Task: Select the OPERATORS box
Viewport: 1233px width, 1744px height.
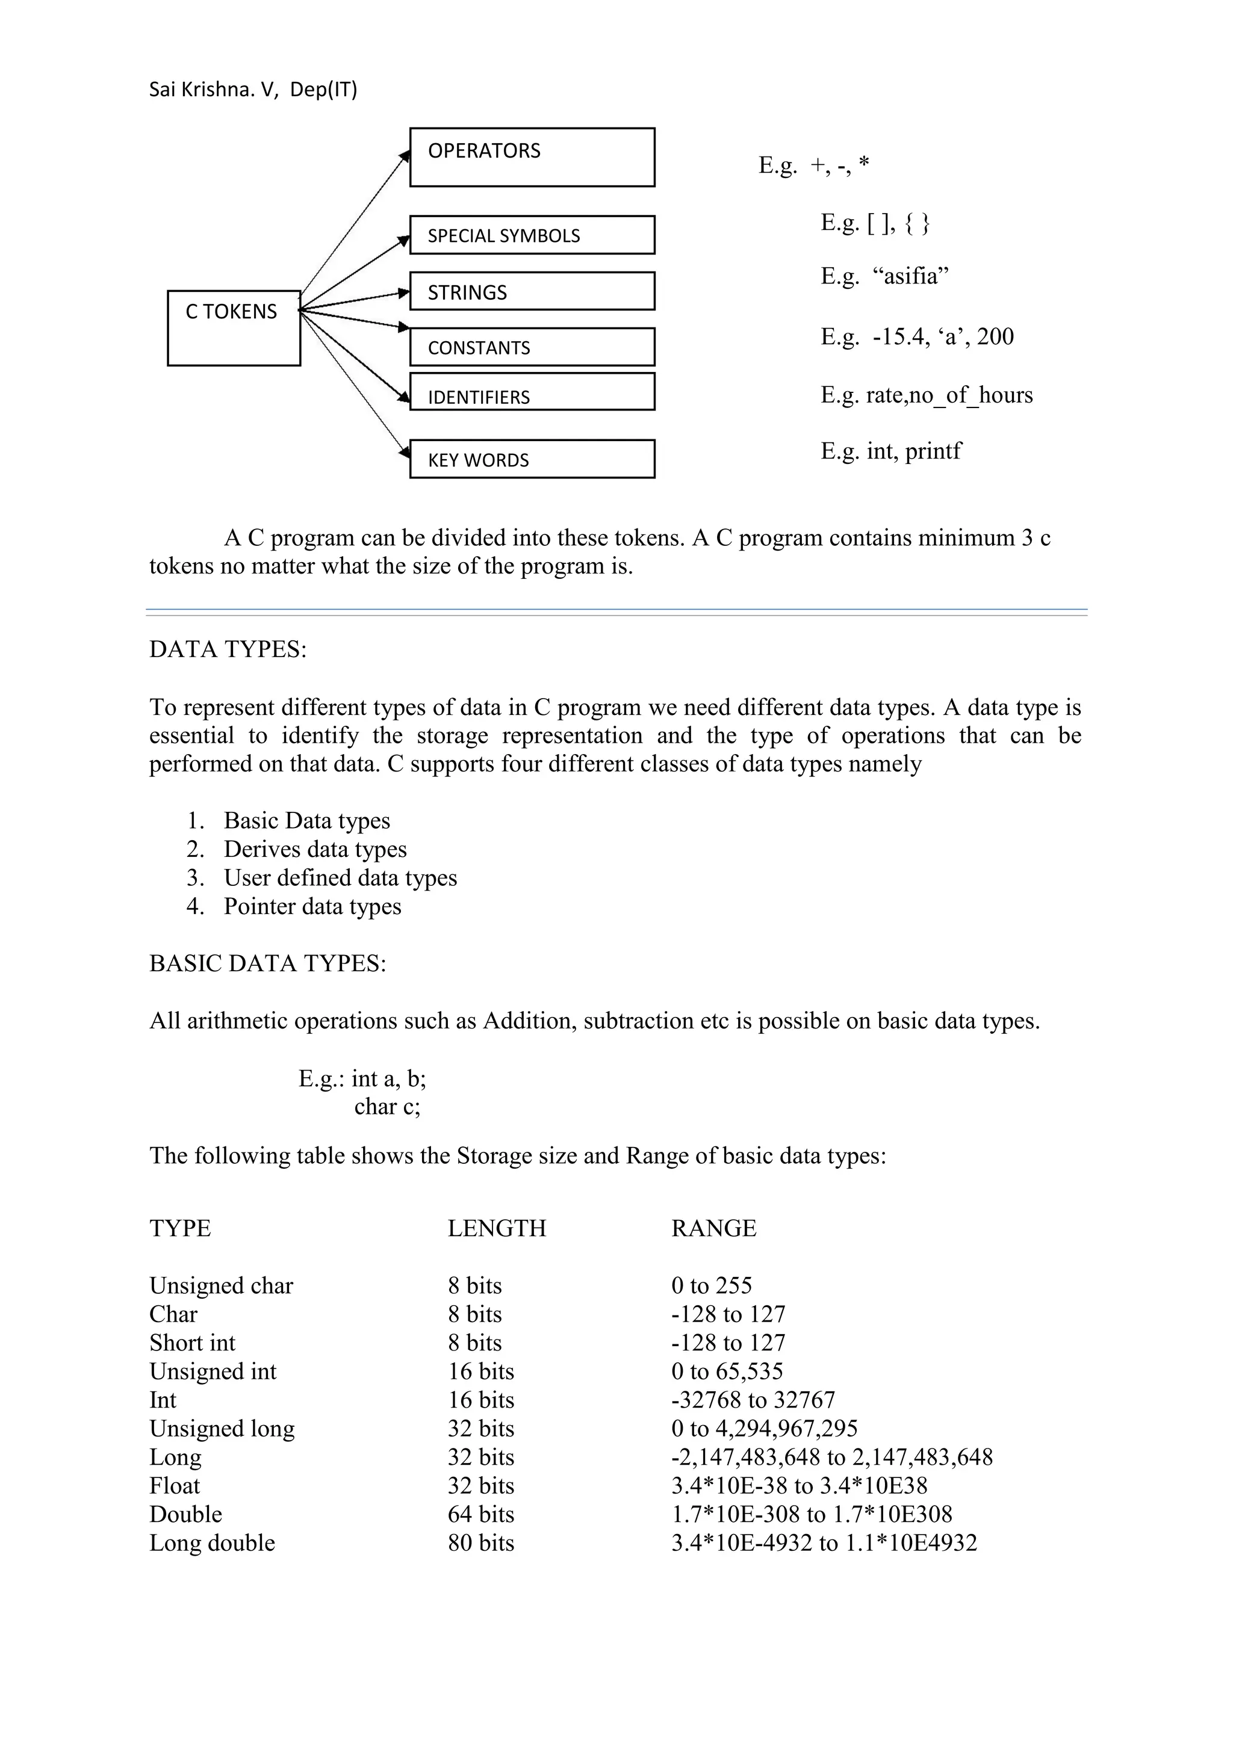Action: [x=532, y=157]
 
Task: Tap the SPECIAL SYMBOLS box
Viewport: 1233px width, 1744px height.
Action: [x=532, y=235]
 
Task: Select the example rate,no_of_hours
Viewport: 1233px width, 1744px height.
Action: [x=949, y=395]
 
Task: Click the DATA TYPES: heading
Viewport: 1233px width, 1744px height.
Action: [x=228, y=649]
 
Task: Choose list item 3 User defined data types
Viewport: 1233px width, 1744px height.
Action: [x=340, y=878]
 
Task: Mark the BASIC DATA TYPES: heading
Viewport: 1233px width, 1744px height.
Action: [x=267, y=963]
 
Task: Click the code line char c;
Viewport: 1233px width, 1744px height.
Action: [x=387, y=1107]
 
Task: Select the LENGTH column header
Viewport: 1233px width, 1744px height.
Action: [x=496, y=1228]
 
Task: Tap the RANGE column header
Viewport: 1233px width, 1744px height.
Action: [x=713, y=1228]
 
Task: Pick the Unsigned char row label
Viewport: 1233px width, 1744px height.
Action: [x=221, y=1286]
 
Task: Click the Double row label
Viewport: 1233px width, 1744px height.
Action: [x=185, y=1515]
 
